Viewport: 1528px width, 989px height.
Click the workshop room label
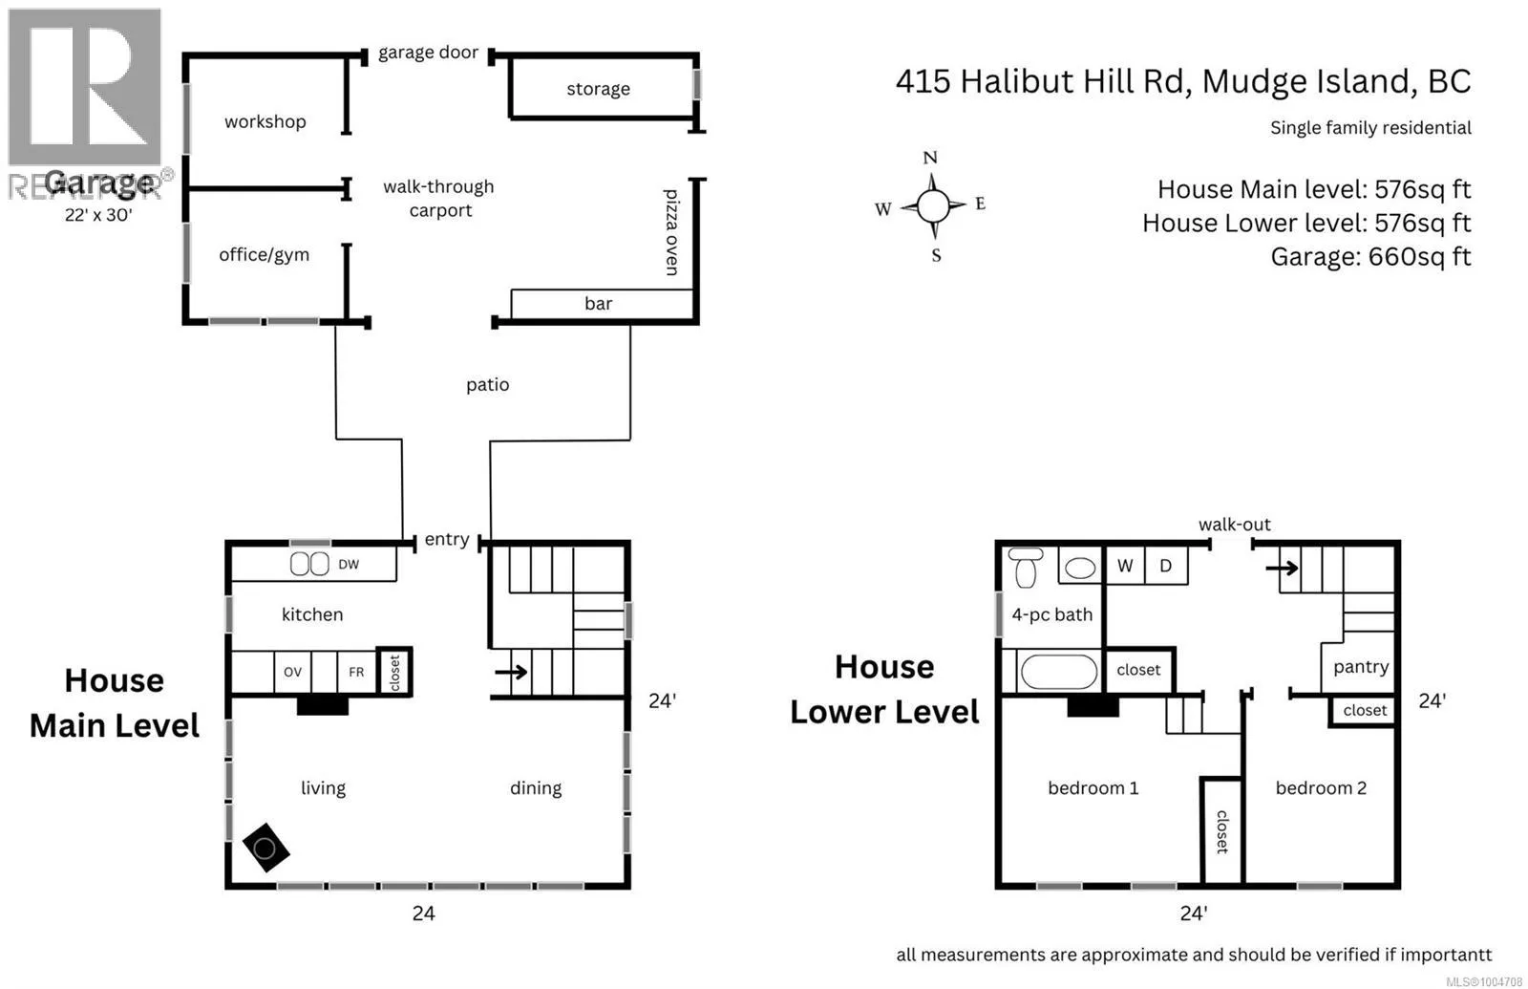tap(265, 121)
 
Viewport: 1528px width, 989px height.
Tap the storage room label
tap(598, 89)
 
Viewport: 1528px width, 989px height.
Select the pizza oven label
tap(671, 232)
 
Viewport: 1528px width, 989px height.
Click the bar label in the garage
tap(598, 304)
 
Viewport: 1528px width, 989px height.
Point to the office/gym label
tap(264, 254)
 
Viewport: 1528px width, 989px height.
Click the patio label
tap(487, 384)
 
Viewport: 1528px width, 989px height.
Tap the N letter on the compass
tap(930, 158)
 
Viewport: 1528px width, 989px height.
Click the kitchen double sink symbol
tap(309, 564)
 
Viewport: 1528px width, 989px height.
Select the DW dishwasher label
tap(349, 565)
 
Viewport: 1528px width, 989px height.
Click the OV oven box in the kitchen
tap(292, 672)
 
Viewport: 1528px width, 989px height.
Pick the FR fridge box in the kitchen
tap(356, 672)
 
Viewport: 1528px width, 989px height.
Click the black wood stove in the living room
tap(265, 848)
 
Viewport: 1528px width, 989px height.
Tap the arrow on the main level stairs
tap(512, 672)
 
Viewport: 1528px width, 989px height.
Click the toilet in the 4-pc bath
tap(1026, 568)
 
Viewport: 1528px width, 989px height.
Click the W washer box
tap(1125, 566)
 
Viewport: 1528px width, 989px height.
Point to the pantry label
tap(1360, 667)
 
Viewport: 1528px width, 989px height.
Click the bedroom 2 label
tap(1320, 787)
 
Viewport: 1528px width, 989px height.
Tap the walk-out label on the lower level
tap(1234, 524)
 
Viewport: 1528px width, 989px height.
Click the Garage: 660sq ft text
tap(1369, 256)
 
